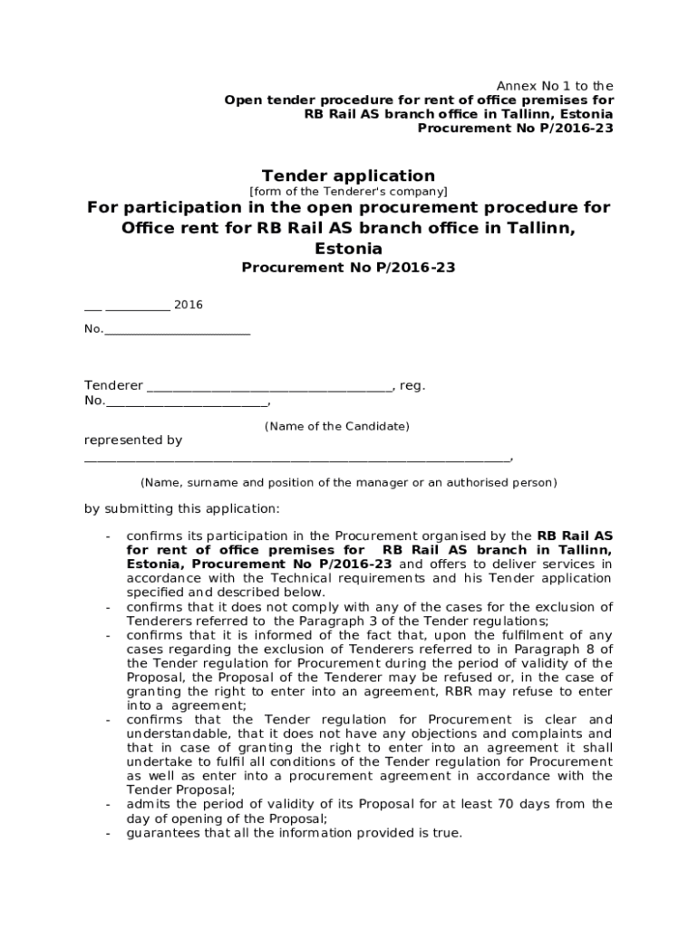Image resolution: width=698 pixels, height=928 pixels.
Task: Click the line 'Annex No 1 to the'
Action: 554,86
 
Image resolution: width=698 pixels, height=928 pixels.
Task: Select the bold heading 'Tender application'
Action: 348,176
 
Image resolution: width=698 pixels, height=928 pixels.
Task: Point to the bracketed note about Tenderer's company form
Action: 348,192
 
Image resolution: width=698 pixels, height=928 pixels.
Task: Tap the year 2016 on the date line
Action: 189,304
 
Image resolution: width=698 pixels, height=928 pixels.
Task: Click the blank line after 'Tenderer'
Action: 269,387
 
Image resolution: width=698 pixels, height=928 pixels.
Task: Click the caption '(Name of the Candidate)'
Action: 336,426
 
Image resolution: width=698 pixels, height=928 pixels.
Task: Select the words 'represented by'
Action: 133,440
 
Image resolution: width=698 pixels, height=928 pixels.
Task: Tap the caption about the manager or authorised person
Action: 348,483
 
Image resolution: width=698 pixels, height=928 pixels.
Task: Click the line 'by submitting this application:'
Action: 182,508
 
